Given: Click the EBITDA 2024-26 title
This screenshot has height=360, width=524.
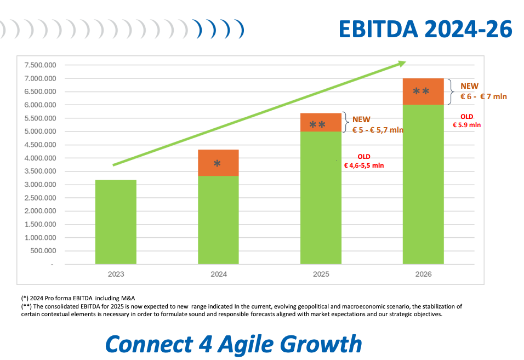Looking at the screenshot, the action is [425, 29].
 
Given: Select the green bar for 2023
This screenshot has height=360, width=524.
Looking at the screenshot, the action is [116, 222].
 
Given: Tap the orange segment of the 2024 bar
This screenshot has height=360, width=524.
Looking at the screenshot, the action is [218, 163].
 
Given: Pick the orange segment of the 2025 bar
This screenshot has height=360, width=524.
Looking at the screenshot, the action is [321, 122].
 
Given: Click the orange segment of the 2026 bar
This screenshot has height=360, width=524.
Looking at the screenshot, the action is [423, 92].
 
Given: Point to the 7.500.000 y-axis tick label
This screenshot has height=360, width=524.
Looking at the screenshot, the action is [40, 65].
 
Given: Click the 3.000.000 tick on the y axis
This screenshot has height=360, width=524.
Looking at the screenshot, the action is [40, 185].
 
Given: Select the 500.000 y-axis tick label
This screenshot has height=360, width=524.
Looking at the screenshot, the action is [43, 251].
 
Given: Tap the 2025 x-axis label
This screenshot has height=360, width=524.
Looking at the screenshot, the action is [321, 274].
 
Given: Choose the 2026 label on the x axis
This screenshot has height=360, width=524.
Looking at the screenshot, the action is [423, 274].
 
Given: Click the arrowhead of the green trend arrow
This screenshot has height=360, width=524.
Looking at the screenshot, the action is [401, 64].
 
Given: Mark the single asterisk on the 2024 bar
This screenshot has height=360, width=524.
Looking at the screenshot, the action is [217, 163].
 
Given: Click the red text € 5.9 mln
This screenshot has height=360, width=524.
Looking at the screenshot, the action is [467, 125].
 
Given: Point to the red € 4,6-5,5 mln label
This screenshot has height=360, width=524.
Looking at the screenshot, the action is [364, 165].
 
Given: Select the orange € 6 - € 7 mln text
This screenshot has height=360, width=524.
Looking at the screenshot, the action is [483, 96].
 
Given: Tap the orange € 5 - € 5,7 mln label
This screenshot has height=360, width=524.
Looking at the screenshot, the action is [378, 130].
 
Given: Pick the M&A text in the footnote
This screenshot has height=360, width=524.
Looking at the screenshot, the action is [128, 298].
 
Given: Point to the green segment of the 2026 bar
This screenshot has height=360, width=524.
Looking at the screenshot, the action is [423, 184].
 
